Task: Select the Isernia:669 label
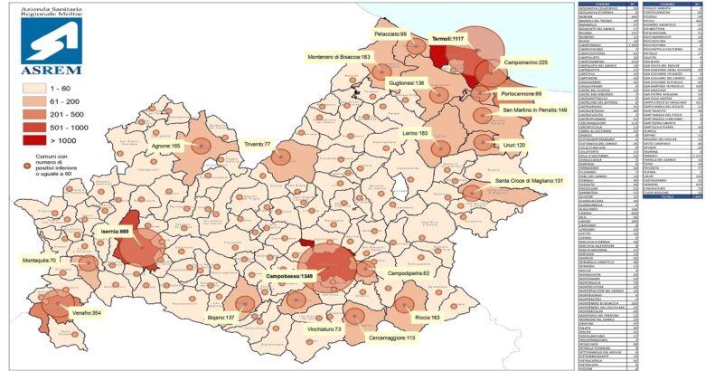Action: click(x=112, y=232)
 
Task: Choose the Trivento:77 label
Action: click(x=256, y=144)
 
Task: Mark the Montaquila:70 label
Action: click(x=39, y=260)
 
